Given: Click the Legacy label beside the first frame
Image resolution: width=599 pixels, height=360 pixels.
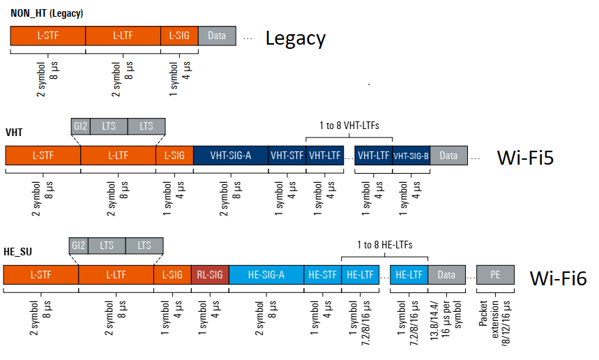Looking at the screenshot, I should click(295, 38).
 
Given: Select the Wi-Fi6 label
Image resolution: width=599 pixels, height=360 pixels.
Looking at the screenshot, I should click(558, 278).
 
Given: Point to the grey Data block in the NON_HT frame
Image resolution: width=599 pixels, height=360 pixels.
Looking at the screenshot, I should click(217, 36).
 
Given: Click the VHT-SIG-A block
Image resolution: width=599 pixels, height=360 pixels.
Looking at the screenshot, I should click(230, 156).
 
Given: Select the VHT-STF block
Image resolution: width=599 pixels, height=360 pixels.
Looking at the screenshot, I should click(287, 156).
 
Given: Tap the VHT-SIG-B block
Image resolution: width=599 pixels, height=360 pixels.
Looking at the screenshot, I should click(411, 156).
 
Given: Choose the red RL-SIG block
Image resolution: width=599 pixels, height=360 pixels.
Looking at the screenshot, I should click(210, 275).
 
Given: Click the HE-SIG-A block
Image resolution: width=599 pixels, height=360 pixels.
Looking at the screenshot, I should click(266, 275).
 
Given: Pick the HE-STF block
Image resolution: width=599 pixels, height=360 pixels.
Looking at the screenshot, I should click(322, 275).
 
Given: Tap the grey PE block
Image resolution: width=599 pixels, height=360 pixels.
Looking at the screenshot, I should click(495, 275).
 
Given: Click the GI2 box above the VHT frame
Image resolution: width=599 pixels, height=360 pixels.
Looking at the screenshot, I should click(80, 126).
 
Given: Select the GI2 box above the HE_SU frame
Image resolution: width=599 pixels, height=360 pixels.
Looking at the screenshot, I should click(79, 246).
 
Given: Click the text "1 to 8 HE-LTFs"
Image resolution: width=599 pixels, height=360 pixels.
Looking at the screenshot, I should click(384, 245).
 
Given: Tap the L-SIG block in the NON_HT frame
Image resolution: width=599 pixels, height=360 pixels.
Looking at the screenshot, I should click(179, 36).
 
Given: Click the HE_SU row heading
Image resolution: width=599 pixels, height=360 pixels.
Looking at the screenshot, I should click(18, 250).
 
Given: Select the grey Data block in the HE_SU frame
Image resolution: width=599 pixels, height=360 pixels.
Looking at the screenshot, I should click(446, 275).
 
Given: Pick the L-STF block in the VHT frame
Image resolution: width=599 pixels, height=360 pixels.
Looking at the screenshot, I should click(43, 156).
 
